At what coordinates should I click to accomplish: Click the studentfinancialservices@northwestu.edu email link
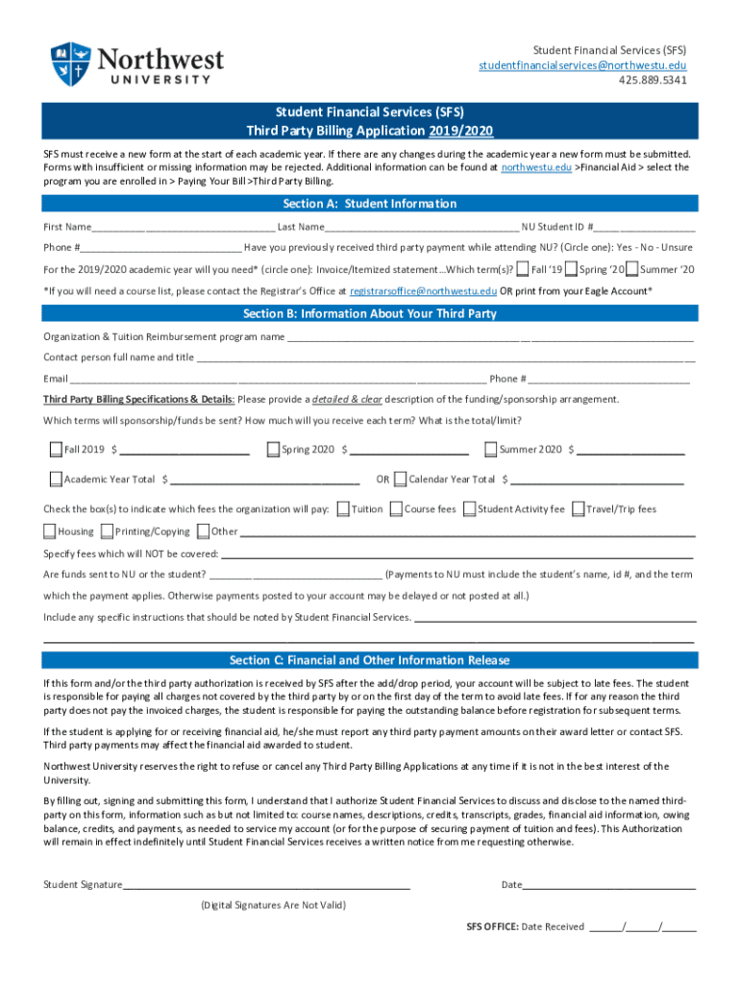(x=582, y=64)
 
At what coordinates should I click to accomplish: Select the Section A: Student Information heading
(x=369, y=204)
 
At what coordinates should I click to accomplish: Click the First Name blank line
(x=183, y=228)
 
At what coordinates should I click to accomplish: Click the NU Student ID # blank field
(x=644, y=228)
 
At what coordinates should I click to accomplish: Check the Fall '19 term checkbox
(x=522, y=269)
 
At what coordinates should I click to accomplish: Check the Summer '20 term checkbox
(x=631, y=269)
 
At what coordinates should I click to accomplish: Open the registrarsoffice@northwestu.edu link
(x=423, y=290)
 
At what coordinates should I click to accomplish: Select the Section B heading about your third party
(x=369, y=314)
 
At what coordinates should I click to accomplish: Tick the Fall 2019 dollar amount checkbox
(x=56, y=449)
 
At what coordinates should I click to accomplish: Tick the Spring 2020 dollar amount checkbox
(x=273, y=449)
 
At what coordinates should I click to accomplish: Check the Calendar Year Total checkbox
(x=400, y=479)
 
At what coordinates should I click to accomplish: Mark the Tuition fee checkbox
(x=343, y=509)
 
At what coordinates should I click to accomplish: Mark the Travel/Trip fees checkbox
(x=578, y=509)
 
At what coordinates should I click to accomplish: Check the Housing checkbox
(x=50, y=531)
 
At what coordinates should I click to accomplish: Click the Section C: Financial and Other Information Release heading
(x=369, y=660)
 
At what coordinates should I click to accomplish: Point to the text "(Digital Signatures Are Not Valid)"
(x=273, y=905)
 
